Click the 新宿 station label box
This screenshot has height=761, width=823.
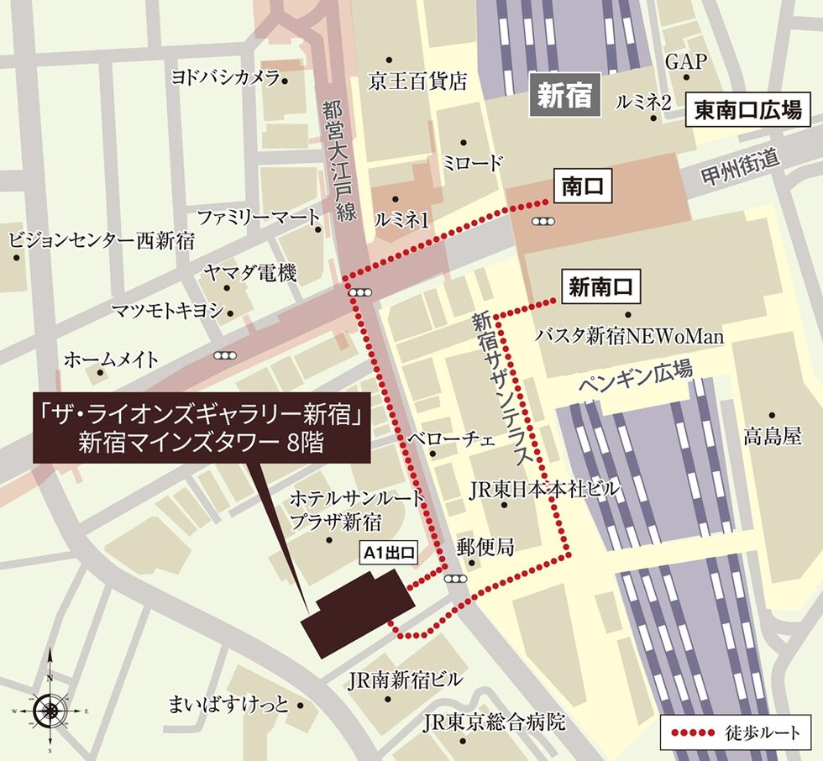566,97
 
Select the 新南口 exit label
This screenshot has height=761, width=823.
599,287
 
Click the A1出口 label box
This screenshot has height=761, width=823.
388,553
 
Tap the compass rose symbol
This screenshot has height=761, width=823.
50,711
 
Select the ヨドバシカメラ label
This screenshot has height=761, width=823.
225,78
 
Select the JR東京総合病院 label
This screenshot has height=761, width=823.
494,721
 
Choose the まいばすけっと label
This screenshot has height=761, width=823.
228,703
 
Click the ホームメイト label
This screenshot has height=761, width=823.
112,360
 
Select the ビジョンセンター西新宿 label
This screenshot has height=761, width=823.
101,240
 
